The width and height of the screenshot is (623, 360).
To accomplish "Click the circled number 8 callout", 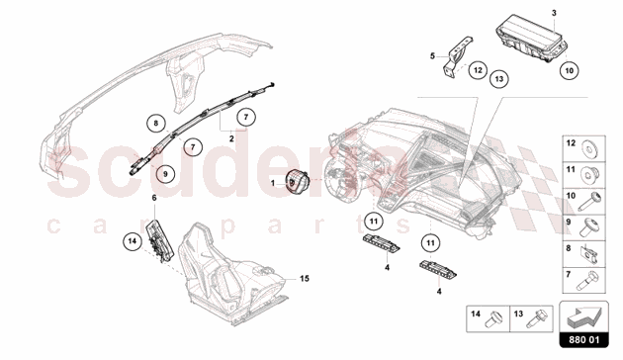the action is point(156,124).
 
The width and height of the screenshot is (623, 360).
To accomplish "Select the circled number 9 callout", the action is point(165,174).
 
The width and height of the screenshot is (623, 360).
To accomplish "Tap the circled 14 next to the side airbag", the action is point(133,240).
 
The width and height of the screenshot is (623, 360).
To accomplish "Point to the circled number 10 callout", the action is point(569,71).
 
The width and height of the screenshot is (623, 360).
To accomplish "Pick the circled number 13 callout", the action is point(499,79).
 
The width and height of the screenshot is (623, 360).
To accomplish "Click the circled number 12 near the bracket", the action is point(478,70).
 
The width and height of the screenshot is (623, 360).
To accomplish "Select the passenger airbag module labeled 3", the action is point(531,39).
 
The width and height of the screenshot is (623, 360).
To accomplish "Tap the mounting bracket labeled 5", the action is point(457,55).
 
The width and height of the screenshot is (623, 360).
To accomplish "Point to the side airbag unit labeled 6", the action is point(161,240).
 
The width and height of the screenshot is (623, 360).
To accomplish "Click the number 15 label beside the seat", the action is point(305,279).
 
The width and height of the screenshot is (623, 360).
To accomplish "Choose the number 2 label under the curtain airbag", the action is point(231,139).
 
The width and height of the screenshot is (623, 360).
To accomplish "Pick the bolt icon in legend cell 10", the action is point(589,202).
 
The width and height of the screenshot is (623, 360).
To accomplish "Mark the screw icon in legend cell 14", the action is point(493,319).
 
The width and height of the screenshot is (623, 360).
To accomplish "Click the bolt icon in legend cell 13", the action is point(536,319).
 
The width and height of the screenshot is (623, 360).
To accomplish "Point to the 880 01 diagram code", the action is point(584,340).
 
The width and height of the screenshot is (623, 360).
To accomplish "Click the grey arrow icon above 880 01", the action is point(583,315).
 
